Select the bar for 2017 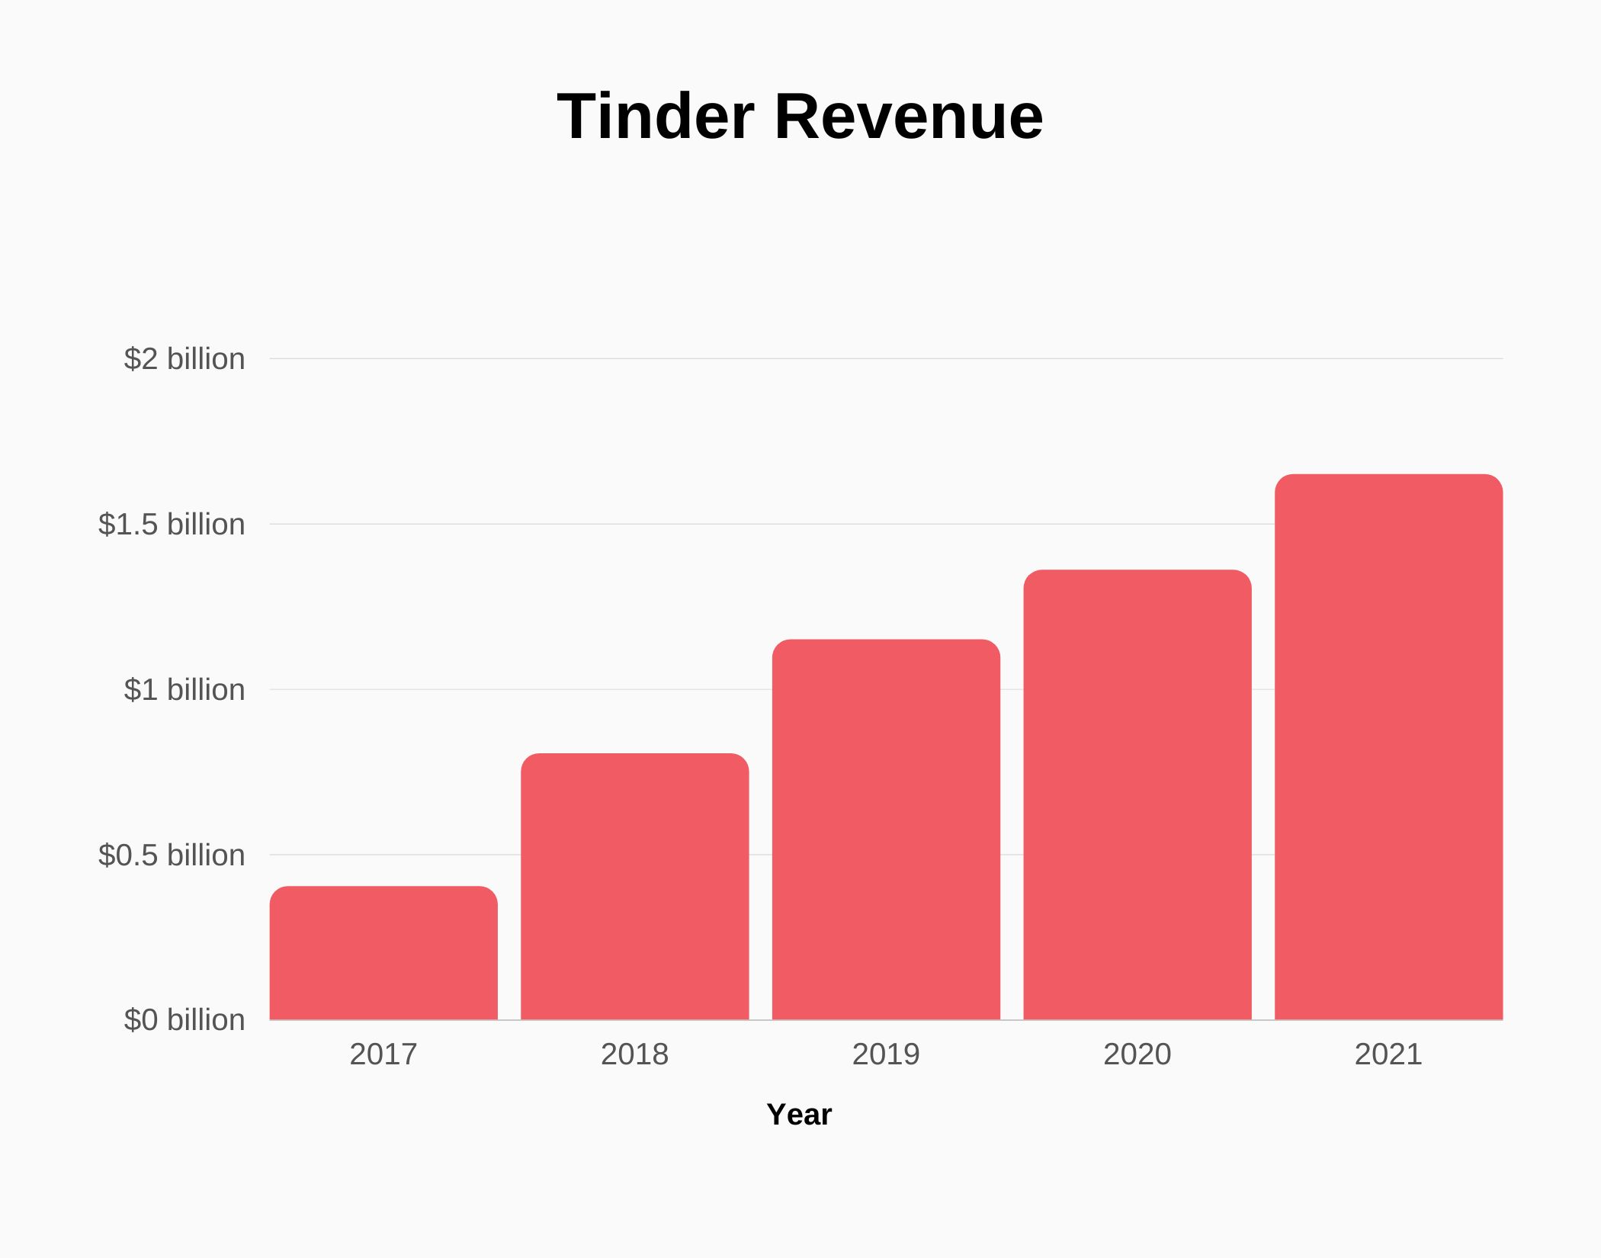tap(383, 953)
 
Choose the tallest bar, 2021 tap(1388, 747)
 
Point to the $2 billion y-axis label tap(184, 358)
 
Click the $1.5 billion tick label tap(172, 524)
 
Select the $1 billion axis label tap(184, 689)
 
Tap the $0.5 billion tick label tap(172, 855)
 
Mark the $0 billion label tap(184, 1019)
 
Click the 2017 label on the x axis tap(383, 1054)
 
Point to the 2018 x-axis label tap(634, 1054)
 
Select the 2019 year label tap(886, 1054)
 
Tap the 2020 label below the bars tap(1137, 1054)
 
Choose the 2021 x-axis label tap(1388, 1054)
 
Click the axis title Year tap(799, 1115)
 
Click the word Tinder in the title tap(655, 117)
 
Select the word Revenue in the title tap(909, 117)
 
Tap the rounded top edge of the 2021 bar tap(1388, 476)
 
